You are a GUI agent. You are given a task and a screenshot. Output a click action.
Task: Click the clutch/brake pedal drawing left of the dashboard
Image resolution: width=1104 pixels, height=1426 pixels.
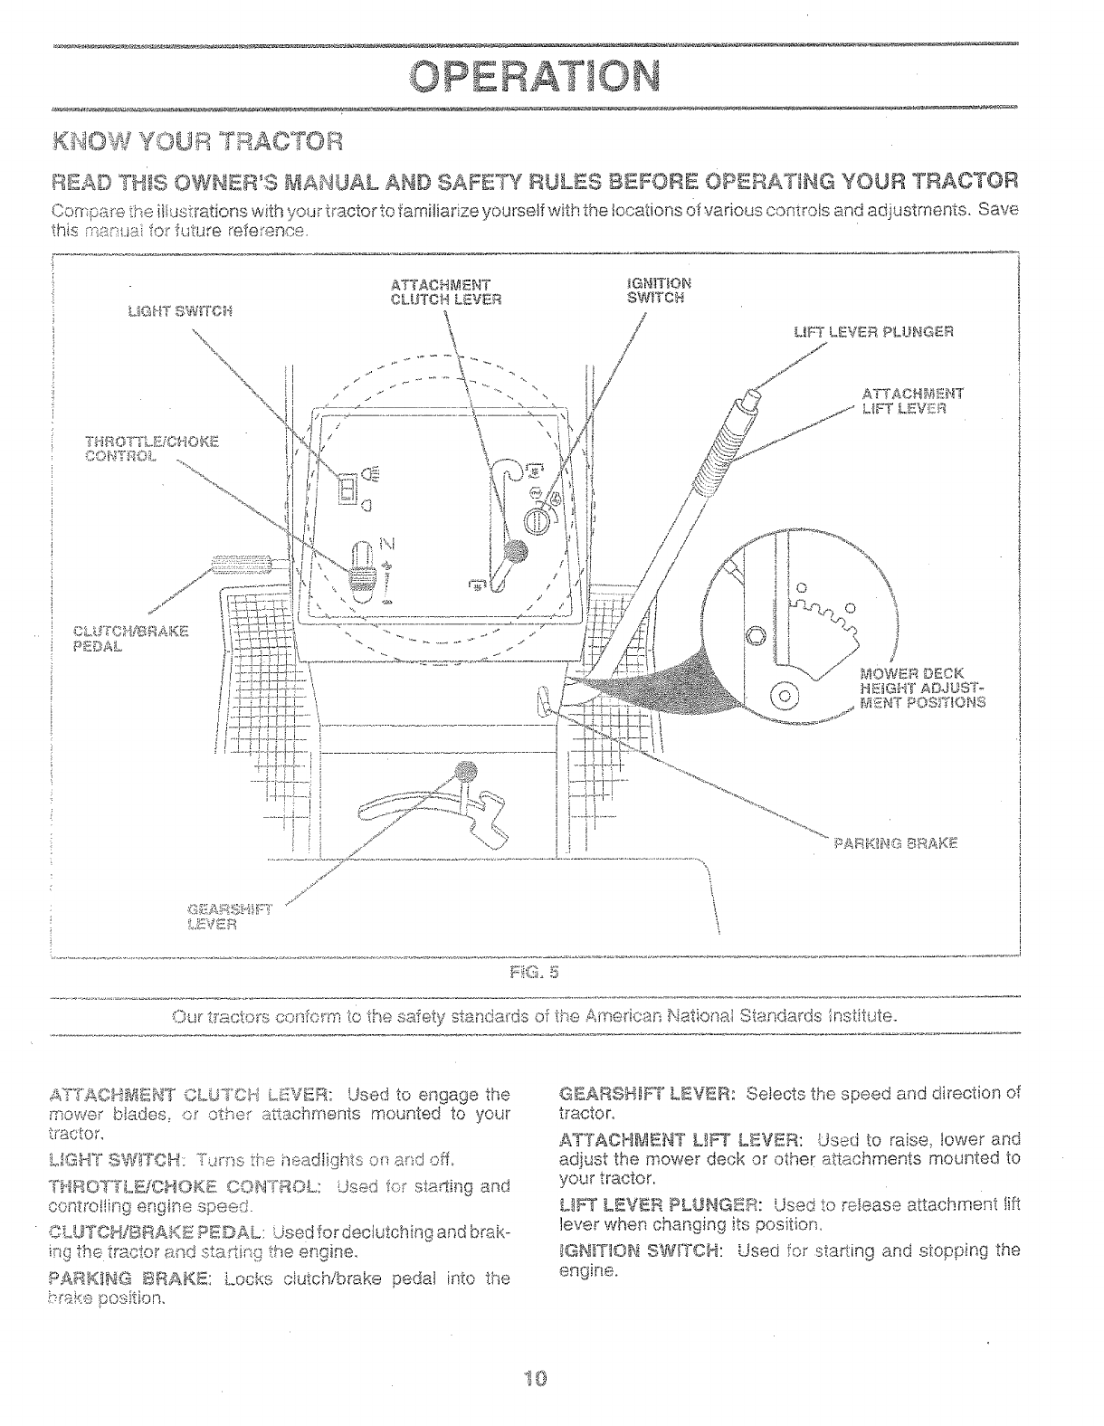tap(243, 566)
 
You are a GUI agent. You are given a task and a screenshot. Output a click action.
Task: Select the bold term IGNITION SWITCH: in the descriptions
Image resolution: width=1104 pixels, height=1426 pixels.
tap(641, 1250)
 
